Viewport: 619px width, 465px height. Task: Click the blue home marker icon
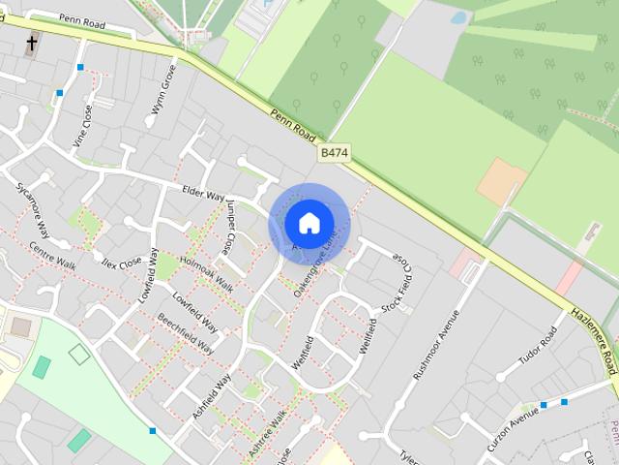[x=309, y=223]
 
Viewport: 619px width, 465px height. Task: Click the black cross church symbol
[x=32, y=43]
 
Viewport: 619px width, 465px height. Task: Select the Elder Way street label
[x=203, y=194]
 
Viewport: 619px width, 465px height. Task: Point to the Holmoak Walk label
[x=207, y=273]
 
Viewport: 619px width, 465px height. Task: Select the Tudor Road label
[x=538, y=346]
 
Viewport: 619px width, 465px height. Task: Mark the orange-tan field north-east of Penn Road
[x=502, y=181]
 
